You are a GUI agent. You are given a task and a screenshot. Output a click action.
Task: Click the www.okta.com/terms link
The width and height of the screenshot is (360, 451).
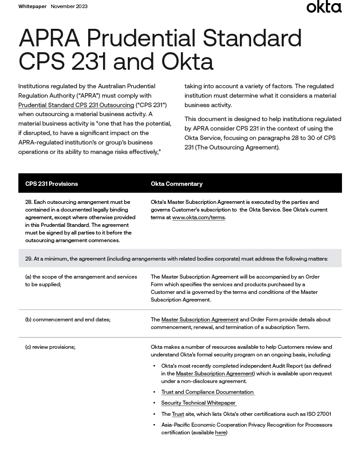(x=198, y=217)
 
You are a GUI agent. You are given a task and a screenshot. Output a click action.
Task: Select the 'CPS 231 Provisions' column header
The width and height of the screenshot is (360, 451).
(x=51, y=184)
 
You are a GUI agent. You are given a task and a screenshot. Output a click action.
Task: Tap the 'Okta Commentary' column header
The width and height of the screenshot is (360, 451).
(x=176, y=184)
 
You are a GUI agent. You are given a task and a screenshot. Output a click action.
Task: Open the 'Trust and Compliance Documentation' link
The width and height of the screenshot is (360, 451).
(x=207, y=392)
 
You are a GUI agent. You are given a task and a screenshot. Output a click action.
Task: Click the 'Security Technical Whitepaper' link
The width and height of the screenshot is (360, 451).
(x=198, y=403)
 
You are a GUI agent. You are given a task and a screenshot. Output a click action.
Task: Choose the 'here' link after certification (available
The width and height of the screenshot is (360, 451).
(x=220, y=433)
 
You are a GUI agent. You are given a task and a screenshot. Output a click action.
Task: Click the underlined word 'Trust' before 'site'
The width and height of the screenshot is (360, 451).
(x=178, y=414)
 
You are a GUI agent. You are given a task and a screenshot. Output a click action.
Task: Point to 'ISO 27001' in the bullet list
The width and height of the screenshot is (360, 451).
(x=318, y=414)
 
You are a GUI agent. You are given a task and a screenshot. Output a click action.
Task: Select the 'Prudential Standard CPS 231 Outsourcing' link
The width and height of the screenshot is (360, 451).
(x=76, y=105)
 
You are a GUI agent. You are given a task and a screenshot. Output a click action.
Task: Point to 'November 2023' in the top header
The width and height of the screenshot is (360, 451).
(x=69, y=6)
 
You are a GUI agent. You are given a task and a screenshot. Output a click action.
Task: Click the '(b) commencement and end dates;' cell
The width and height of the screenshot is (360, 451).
(x=67, y=320)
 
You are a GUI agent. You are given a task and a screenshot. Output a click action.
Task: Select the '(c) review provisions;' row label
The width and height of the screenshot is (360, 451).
(x=50, y=347)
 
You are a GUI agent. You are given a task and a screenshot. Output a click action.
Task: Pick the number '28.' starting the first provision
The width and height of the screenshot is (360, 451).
(x=29, y=202)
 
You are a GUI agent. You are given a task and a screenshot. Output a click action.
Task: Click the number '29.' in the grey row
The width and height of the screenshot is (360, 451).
(x=29, y=259)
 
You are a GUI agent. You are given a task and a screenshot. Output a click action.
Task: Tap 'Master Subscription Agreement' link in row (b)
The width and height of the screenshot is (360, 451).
(x=200, y=320)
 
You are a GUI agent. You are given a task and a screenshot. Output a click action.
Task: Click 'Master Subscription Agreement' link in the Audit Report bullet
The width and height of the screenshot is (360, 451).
(x=215, y=374)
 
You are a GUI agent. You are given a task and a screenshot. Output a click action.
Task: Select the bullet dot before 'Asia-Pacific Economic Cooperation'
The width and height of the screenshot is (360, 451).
(x=154, y=425)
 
